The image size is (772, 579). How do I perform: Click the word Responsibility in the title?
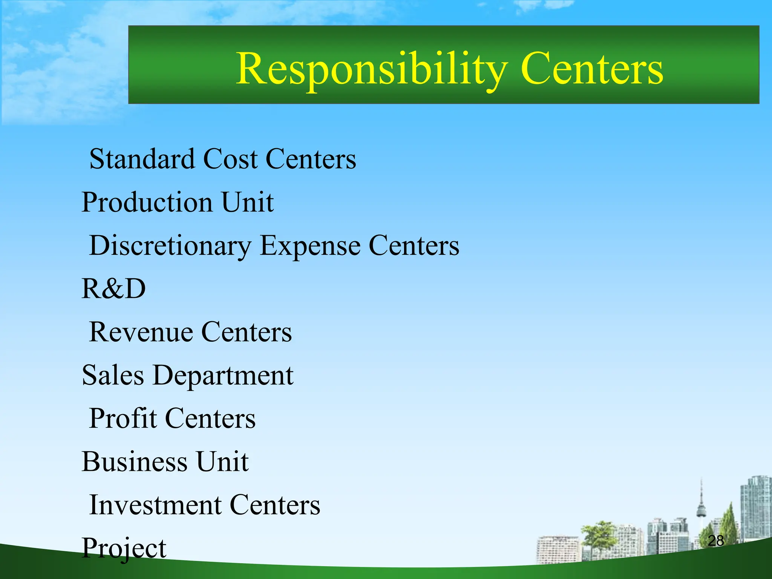(x=371, y=69)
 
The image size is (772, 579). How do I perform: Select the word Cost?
(x=230, y=159)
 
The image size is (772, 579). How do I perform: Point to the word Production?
(x=147, y=202)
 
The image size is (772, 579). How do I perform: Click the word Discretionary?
(x=170, y=246)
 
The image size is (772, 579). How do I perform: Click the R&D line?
(x=113, y=289)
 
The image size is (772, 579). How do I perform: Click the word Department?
(x=223, y=376)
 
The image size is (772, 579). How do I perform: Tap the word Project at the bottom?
(x=124, y=548)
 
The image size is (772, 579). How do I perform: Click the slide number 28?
(x=716, y=541)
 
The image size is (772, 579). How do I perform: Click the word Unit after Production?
(x=247, y=202)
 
